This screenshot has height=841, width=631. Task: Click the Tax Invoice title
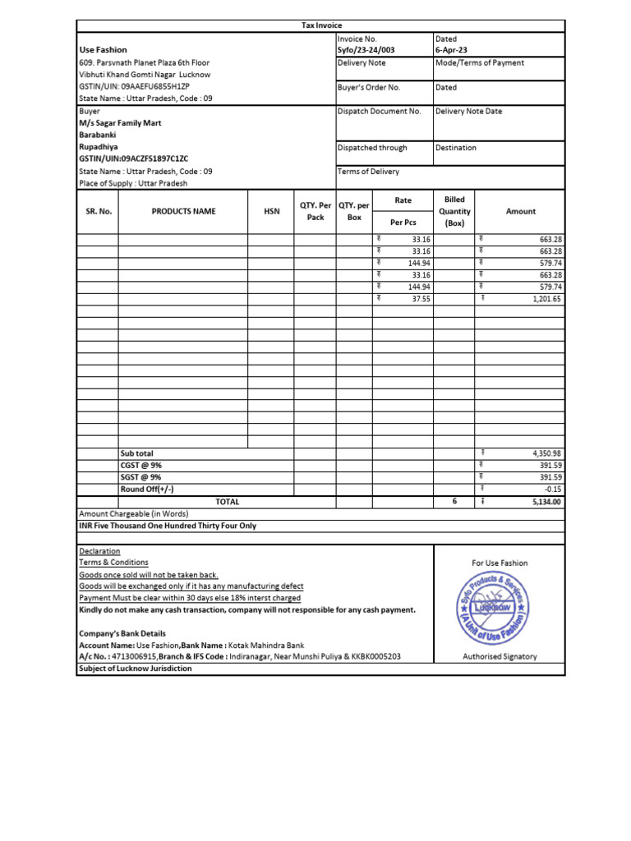pos(322,26)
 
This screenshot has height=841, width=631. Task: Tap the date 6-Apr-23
pos(451,50)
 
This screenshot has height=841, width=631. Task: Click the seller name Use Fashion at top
pos(103,50)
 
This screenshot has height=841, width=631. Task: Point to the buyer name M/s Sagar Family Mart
pos(120,123)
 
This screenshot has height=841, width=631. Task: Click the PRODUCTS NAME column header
pos(183,212)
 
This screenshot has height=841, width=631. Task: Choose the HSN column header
pos(271,212)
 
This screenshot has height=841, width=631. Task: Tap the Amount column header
pos(520,212)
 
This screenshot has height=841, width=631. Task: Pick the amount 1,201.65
pos(546,300)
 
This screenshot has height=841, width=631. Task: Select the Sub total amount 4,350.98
pos(546,453)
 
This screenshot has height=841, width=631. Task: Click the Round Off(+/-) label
pos(147,489)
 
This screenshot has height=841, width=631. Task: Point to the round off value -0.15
pos(553,489)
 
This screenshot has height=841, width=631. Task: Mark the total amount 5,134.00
pos(546,502)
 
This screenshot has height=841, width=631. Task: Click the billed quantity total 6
pos(454,501)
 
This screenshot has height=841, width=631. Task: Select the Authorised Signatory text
pos(500,657)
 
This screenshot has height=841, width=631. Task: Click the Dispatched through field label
pos(372,148)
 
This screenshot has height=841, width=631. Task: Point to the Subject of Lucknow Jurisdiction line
pos(136,669)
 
